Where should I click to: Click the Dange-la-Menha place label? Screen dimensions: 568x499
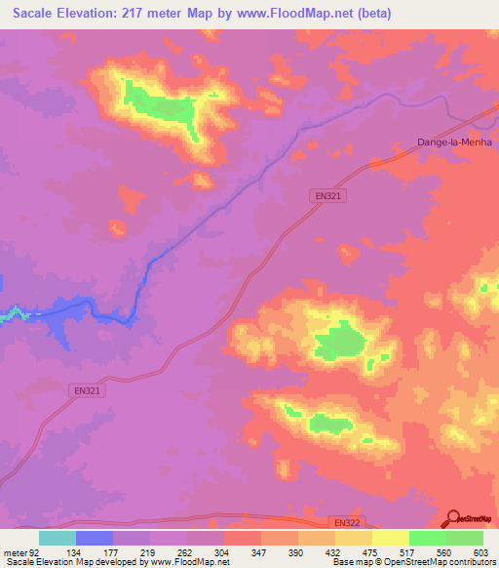point(454,142)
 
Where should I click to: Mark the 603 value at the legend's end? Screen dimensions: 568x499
point(482,551)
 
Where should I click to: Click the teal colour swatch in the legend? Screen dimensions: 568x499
point(58,538)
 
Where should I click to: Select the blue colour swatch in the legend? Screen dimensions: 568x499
point(95,538)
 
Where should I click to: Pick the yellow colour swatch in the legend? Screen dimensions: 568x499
point(391,538)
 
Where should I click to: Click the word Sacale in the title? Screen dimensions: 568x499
point(35,13)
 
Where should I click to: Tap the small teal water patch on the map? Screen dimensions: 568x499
point(12,314)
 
